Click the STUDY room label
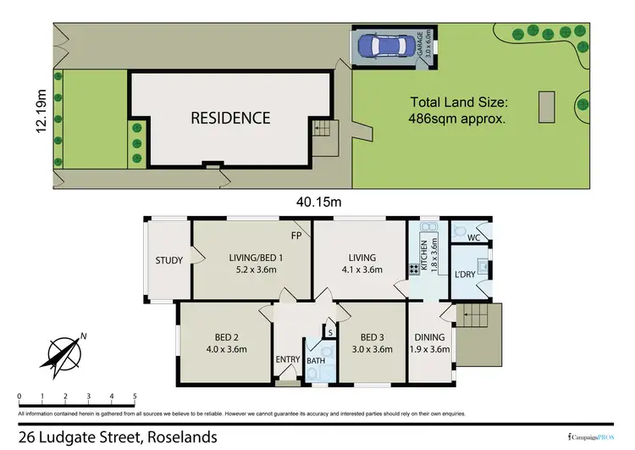tap(169, 261)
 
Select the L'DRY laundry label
tap(465, 276)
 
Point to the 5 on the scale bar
tap(135, 396)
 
